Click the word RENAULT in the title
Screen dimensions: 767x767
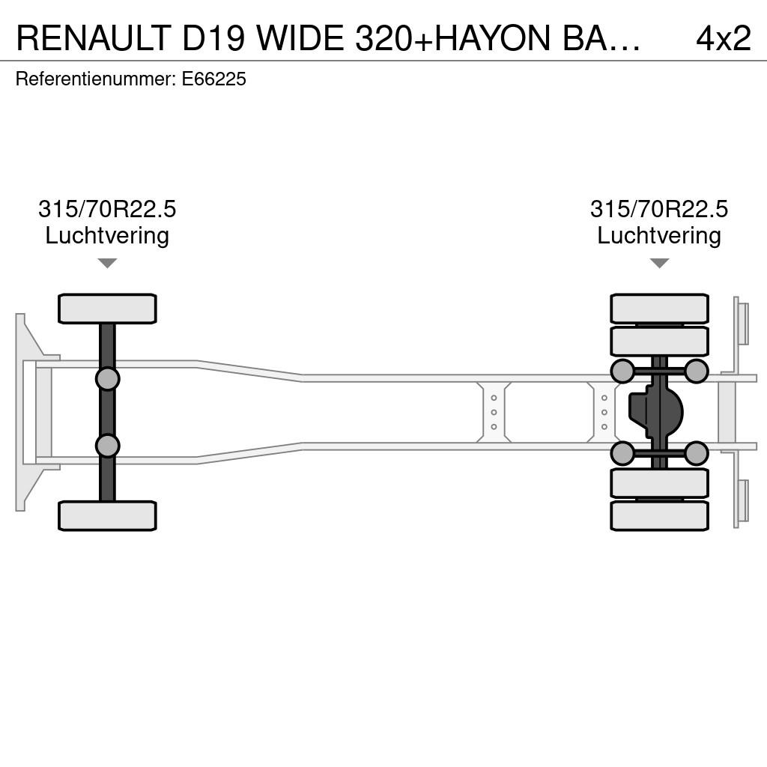[94, 38]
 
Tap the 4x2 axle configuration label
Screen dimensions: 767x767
[723, 38]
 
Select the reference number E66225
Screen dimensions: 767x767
[213, 79]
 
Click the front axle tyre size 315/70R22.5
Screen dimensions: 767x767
[107, 209]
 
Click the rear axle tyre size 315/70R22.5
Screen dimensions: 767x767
[659, 209]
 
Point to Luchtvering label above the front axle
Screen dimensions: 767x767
[107, 235]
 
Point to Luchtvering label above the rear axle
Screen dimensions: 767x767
[659, 235]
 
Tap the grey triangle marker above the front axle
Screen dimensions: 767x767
[107, 263]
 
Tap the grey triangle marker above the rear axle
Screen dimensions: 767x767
[659, 263]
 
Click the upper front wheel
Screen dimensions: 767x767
[107, 309]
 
